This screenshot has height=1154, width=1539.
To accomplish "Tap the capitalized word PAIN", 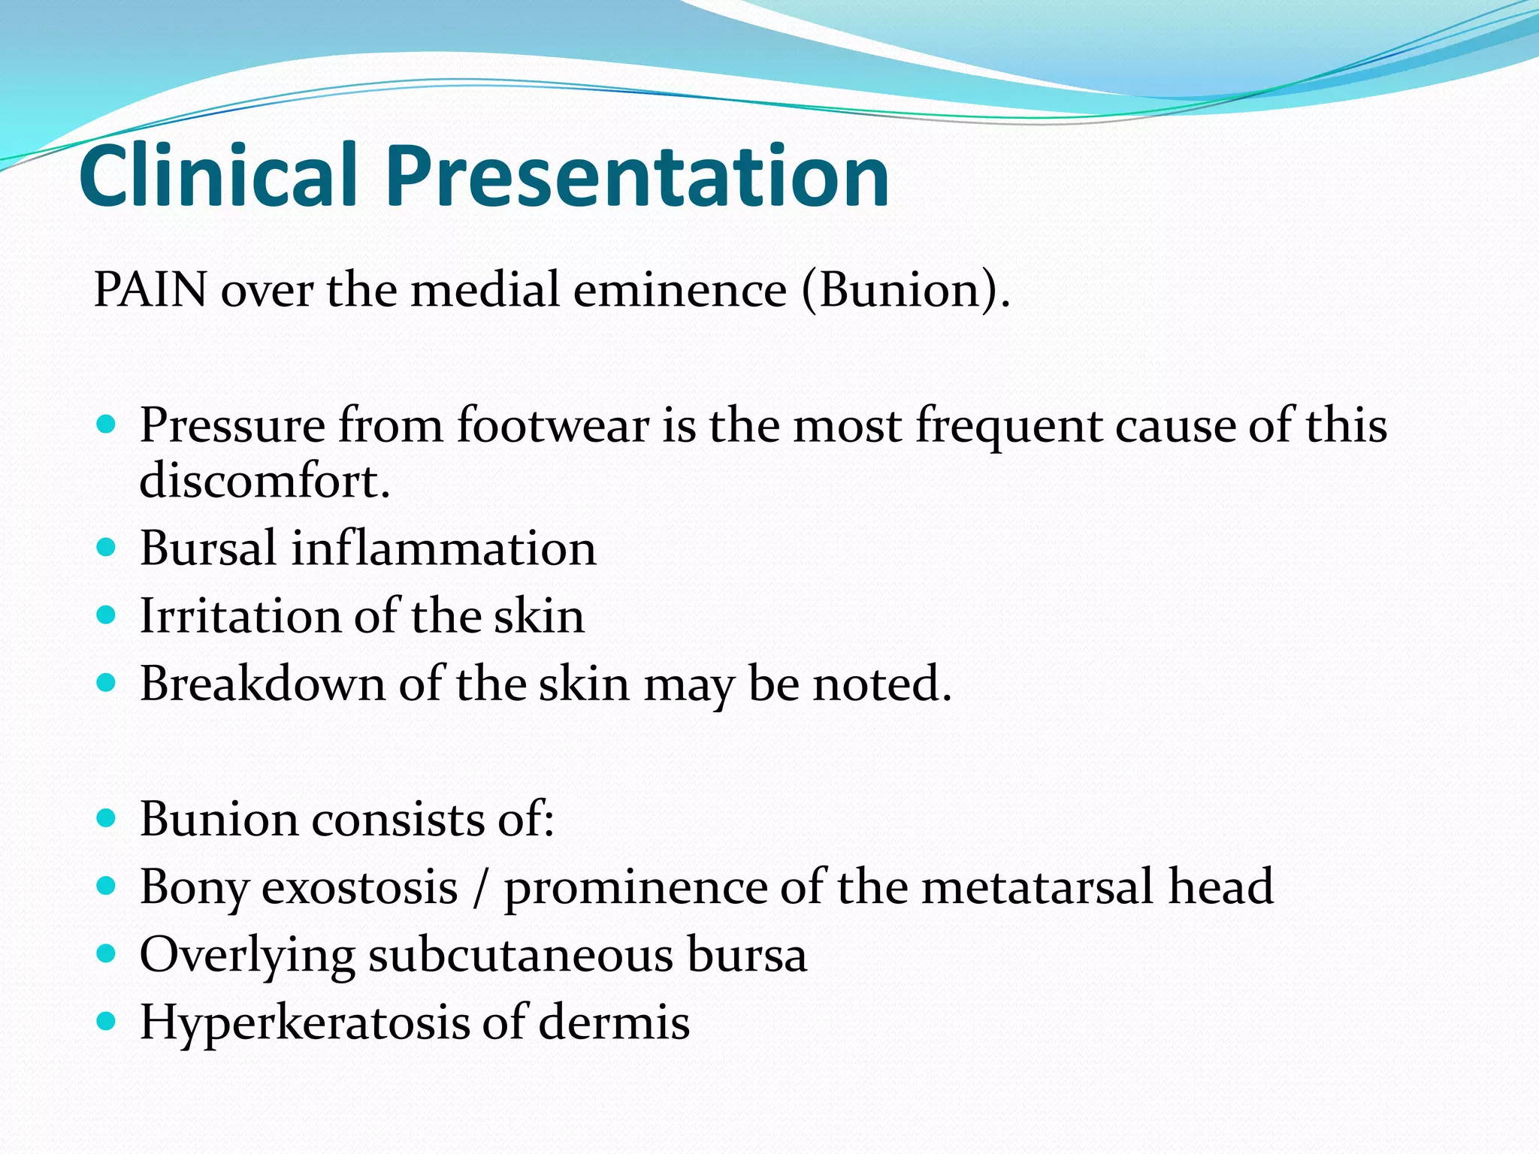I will (x=150, y=289).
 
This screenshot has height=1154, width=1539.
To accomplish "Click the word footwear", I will (x=553, y=425).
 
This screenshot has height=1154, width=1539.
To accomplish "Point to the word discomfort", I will (x=265, y=481).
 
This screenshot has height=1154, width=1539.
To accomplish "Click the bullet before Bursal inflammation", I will (x=107, y=546).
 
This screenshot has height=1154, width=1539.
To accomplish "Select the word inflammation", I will (x=443, y=548).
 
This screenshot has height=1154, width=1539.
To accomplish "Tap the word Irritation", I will (x=240, y=616).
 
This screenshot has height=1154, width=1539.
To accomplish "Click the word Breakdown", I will (x=262, y=684).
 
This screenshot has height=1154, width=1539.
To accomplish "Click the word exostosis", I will (x=359, y=887).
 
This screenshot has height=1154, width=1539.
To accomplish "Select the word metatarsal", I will (x=1037, y=887).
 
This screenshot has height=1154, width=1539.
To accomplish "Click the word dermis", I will (x=614, y=1023).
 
